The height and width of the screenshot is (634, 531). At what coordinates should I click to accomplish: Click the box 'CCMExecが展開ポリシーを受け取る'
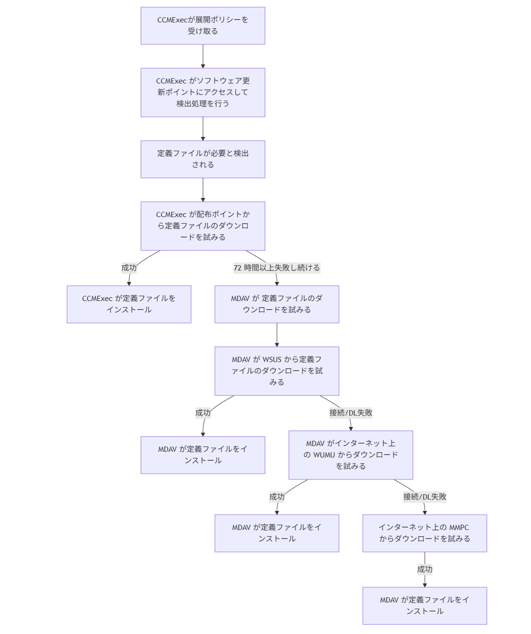[x=203, y=26]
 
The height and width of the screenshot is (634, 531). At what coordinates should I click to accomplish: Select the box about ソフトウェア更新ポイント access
[x=203, y=92]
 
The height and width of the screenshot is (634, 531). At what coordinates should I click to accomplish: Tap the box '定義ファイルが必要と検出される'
[x=203, y=159]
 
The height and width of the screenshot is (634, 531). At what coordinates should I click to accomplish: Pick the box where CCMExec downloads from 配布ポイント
[x=203, y=226]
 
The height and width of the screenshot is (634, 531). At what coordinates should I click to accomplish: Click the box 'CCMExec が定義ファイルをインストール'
[x=129, y=304]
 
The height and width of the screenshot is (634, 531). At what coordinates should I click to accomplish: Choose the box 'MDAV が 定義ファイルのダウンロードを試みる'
[x=277, y=304]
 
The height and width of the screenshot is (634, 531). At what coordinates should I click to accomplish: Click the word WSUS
[x=272, y=360]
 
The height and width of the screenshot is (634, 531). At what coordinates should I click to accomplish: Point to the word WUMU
[x=324, y=455]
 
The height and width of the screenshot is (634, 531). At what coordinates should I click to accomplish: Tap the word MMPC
[x=459, y=528]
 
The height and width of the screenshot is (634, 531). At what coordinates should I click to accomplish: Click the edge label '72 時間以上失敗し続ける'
[x=277, y=268]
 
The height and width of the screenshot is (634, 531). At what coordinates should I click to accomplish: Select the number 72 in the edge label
[x=238, y=268]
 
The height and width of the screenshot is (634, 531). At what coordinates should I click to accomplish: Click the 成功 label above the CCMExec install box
[x=129, y=268]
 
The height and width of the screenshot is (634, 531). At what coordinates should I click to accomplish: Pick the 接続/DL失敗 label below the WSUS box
[x=351, y=413]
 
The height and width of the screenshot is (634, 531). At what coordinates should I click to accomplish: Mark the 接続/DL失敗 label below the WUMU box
[x=425, y=497]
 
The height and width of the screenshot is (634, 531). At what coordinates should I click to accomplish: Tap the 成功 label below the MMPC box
[x=425, y=569]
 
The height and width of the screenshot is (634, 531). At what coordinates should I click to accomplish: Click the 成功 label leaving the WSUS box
[x=203, y=413]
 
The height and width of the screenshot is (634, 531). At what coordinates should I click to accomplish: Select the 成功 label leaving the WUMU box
[x=277, y=497]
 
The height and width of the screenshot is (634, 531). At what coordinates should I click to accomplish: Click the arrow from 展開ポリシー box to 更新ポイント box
[x=203, y=56]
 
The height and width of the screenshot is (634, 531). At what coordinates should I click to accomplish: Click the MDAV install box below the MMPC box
[x=425, y=605]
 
